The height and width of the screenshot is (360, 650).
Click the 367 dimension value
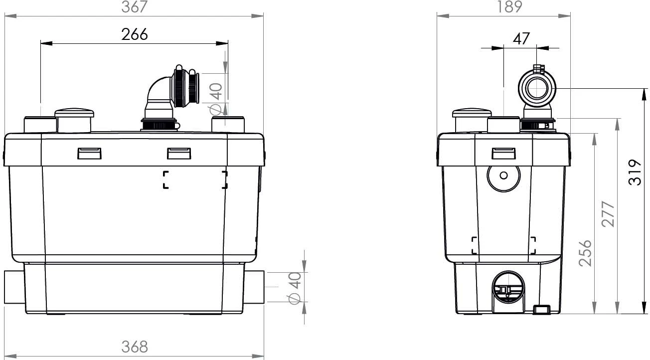(135, 6)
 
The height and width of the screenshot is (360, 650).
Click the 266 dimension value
(135, 34)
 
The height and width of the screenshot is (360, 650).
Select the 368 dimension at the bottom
(135, 346)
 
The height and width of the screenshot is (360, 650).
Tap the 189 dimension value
(509, 6)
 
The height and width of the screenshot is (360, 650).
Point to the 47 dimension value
(521, 39)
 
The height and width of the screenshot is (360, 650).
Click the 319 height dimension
(634, 173)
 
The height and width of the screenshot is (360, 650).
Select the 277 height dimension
(608, 214)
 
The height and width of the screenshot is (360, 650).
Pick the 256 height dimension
(586, 253)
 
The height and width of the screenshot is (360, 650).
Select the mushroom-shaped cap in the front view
(74, 120)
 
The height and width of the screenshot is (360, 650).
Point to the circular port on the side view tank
(503, 176)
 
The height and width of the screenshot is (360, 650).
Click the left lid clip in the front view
(89, 153)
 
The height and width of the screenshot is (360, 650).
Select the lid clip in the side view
(503, 153)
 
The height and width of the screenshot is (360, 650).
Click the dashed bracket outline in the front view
(195, 180)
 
